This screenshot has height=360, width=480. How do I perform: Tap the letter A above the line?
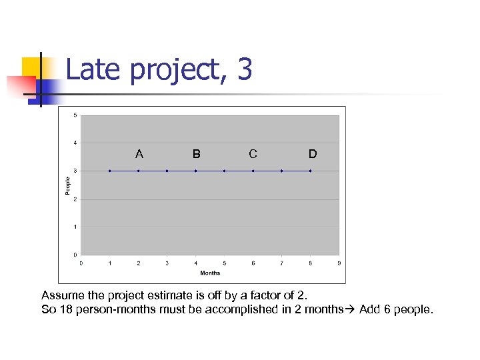click(139, 154)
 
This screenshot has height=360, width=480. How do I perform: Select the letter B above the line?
click(196, 154)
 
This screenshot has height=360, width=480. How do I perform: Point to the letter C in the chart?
click(253, 154)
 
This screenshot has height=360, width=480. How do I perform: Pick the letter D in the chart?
click(312, 154)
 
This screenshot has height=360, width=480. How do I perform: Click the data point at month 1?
click(110, 171)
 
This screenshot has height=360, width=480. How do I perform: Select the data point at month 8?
click(310, 171)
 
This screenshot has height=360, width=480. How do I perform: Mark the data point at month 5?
click(225, 171)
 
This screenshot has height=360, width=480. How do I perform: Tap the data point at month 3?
click(167, 171)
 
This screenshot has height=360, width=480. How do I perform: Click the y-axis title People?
click(67, 185)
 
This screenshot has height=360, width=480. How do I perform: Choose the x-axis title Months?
click(210, 273)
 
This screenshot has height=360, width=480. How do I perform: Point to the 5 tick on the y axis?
click(75, 115)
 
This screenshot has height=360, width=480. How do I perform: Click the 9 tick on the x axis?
click(339, 263)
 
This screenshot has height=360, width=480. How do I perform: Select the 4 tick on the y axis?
click(75, 143)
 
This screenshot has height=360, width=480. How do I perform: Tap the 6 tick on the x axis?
click(253, 263)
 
